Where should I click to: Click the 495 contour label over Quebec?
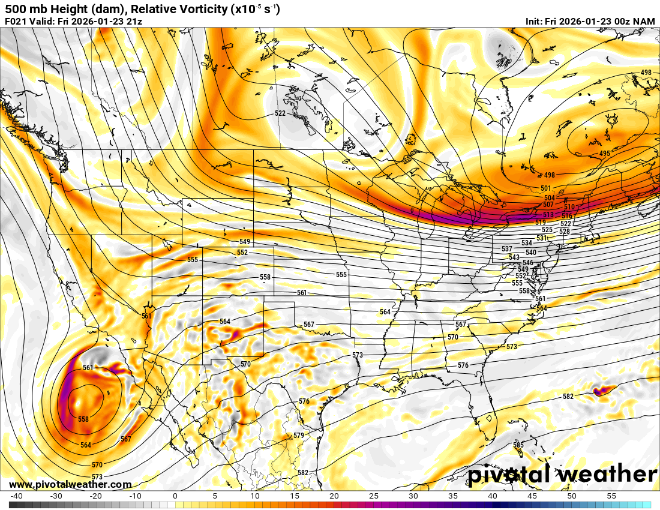pos(604,154)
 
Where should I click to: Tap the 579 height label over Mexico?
pos(298,436)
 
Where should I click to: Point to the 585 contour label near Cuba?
pos(518,445)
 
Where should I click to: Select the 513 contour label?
pos(548,215)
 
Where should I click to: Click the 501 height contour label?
pos(546,188)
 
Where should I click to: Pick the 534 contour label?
pos(527,242)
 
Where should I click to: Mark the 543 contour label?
pos(514,257)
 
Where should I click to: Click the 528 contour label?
pos(564,231)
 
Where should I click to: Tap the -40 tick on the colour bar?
pos(17,496)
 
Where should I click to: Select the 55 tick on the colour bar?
pos(611,496)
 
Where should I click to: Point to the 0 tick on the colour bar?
pos(175,496)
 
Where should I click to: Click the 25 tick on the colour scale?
pos(373,496)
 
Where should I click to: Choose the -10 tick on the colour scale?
pos(136,496)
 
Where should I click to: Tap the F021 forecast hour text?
pos(16,21)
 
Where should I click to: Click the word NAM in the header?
pos(644,21)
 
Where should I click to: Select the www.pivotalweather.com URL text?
pos(70,484)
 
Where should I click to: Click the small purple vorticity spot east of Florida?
pos(599,391)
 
